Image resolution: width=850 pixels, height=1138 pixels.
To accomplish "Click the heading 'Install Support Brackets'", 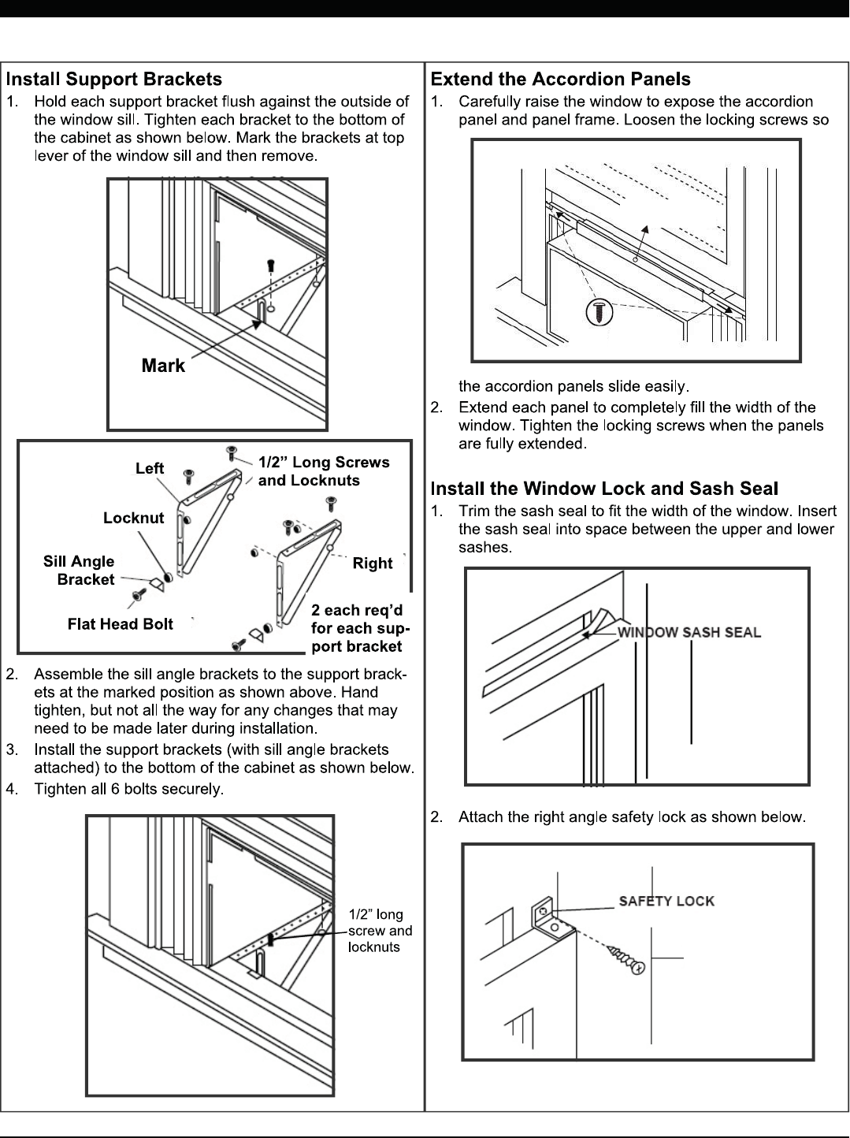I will click(114, 80).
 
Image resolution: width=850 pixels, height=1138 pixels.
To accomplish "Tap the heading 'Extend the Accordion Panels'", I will click(560, 80).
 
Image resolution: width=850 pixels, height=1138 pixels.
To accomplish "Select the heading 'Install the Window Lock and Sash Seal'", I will click(604, 489).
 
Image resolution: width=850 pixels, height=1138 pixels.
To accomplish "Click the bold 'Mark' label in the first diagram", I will click(163, 366).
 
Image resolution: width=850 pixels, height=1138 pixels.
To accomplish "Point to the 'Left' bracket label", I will click(150, 468).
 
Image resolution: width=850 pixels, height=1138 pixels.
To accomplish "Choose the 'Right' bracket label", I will click(372, 563).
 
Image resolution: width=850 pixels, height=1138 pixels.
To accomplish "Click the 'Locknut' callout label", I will click(133, 518).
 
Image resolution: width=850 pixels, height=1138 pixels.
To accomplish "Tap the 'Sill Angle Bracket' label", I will click(80, 571).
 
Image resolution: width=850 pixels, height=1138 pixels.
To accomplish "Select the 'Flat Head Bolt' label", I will click(120, 624).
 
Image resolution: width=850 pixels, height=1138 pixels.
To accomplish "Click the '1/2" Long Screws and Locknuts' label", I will click(323, 471).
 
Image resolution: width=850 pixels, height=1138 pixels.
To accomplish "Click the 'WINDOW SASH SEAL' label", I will click(689, 632).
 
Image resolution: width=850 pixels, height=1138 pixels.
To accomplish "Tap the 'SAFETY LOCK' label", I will click(666, 901).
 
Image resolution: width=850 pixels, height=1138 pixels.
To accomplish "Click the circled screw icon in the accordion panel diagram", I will click(599, 312).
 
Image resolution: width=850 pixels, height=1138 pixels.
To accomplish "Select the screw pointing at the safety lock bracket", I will click(627, 961).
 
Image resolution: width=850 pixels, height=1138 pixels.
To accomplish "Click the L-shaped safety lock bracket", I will click(547, 916).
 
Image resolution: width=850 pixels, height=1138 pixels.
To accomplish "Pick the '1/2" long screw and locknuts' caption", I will click(380, 931).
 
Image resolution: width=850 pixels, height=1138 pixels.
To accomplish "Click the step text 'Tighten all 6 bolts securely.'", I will click(128, 789).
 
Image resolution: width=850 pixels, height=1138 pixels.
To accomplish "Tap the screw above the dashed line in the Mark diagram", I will click(270, 265).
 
